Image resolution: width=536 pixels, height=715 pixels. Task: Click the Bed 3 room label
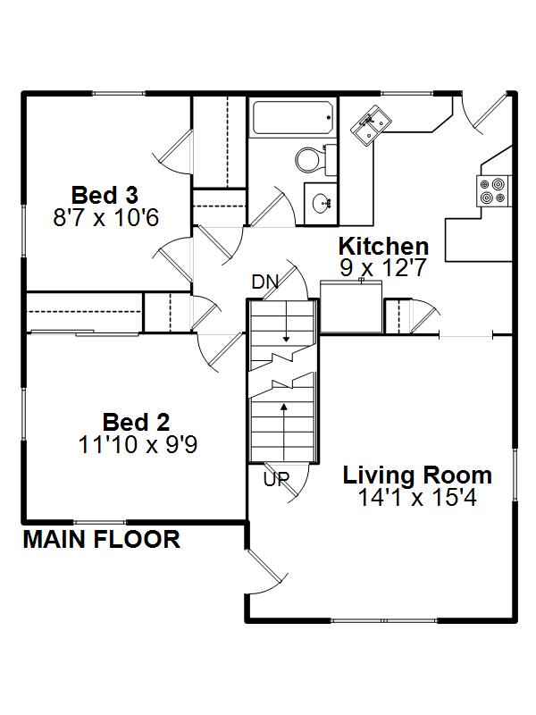tap(105, 195)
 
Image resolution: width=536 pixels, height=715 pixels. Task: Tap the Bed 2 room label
tap(136, 422)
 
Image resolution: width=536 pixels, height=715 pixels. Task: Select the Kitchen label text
tap(383, 247)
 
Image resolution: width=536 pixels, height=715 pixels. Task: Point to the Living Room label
tap(417, 475)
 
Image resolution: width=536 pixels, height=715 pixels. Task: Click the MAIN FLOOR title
tap(102, 540)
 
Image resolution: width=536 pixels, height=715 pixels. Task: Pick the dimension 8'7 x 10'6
tap(105, 217)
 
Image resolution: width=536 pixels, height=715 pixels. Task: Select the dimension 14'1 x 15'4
tap(417, 498)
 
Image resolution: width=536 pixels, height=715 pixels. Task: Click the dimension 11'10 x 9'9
tap(138, 444)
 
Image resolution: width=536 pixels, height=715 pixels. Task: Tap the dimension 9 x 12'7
tap(383, 267)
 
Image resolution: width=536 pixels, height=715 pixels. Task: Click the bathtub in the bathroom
tap(293, 118)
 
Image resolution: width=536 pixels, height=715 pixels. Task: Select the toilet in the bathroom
tap(315, 160)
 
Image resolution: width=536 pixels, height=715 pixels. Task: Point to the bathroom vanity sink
tap(322, 203)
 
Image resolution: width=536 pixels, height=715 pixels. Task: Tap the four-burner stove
tap(493, 190)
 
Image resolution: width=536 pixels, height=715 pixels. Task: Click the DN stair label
tap(264, 282)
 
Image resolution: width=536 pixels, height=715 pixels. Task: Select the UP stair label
tap(276, 479)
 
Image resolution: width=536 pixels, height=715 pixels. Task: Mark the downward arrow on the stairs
tap(286, 321)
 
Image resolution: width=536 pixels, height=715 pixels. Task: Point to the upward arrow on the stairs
tap(284, 432)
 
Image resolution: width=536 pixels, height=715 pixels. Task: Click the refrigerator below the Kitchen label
tap(351, 307)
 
